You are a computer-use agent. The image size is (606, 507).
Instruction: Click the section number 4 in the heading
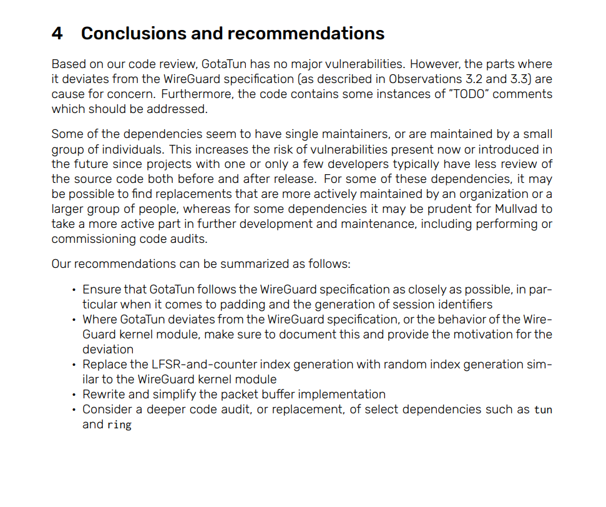57,33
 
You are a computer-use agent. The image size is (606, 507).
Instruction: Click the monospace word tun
543,410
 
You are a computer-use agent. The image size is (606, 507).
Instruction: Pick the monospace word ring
119,425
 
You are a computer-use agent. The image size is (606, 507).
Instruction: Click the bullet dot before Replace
74,364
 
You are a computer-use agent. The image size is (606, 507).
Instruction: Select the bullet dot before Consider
74,410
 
